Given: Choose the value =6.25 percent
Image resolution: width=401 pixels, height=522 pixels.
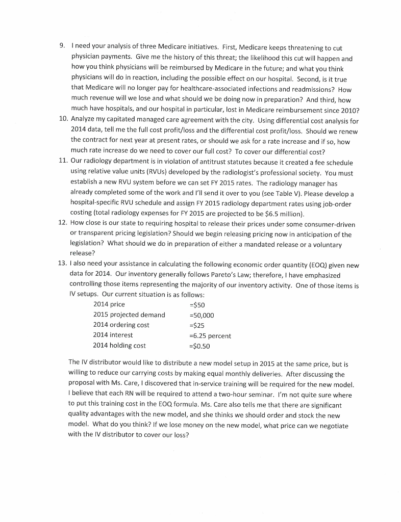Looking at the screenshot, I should tap(210, 335).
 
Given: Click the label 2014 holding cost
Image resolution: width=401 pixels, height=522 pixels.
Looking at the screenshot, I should tap(119, 346).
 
